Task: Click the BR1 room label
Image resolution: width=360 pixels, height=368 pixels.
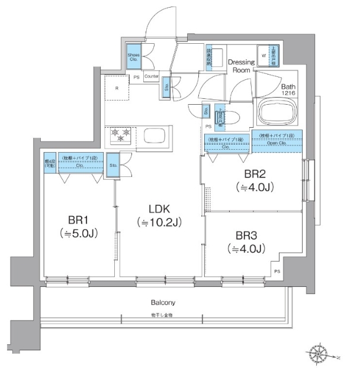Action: tap(76, 217)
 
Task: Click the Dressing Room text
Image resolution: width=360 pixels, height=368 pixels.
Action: tap(242, 66)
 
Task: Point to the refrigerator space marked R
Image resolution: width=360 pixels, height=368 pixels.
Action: tap(117, 89)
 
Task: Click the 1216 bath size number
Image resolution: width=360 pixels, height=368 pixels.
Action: tap(288, 93)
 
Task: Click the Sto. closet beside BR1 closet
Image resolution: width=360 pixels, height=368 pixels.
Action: tap(112, 166)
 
